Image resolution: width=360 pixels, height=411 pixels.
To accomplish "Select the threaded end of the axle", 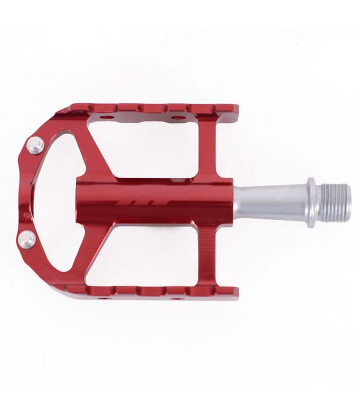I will pyautogui.click(x=337, y=202).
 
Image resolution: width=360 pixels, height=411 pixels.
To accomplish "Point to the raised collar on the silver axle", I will pyautogui.click(x=312, y=202).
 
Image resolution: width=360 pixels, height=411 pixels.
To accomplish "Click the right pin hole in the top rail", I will pyautogui.click(x=178, y=118).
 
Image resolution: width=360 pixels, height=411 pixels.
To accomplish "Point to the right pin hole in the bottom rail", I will pyautogui.click(x=176, y=297).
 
